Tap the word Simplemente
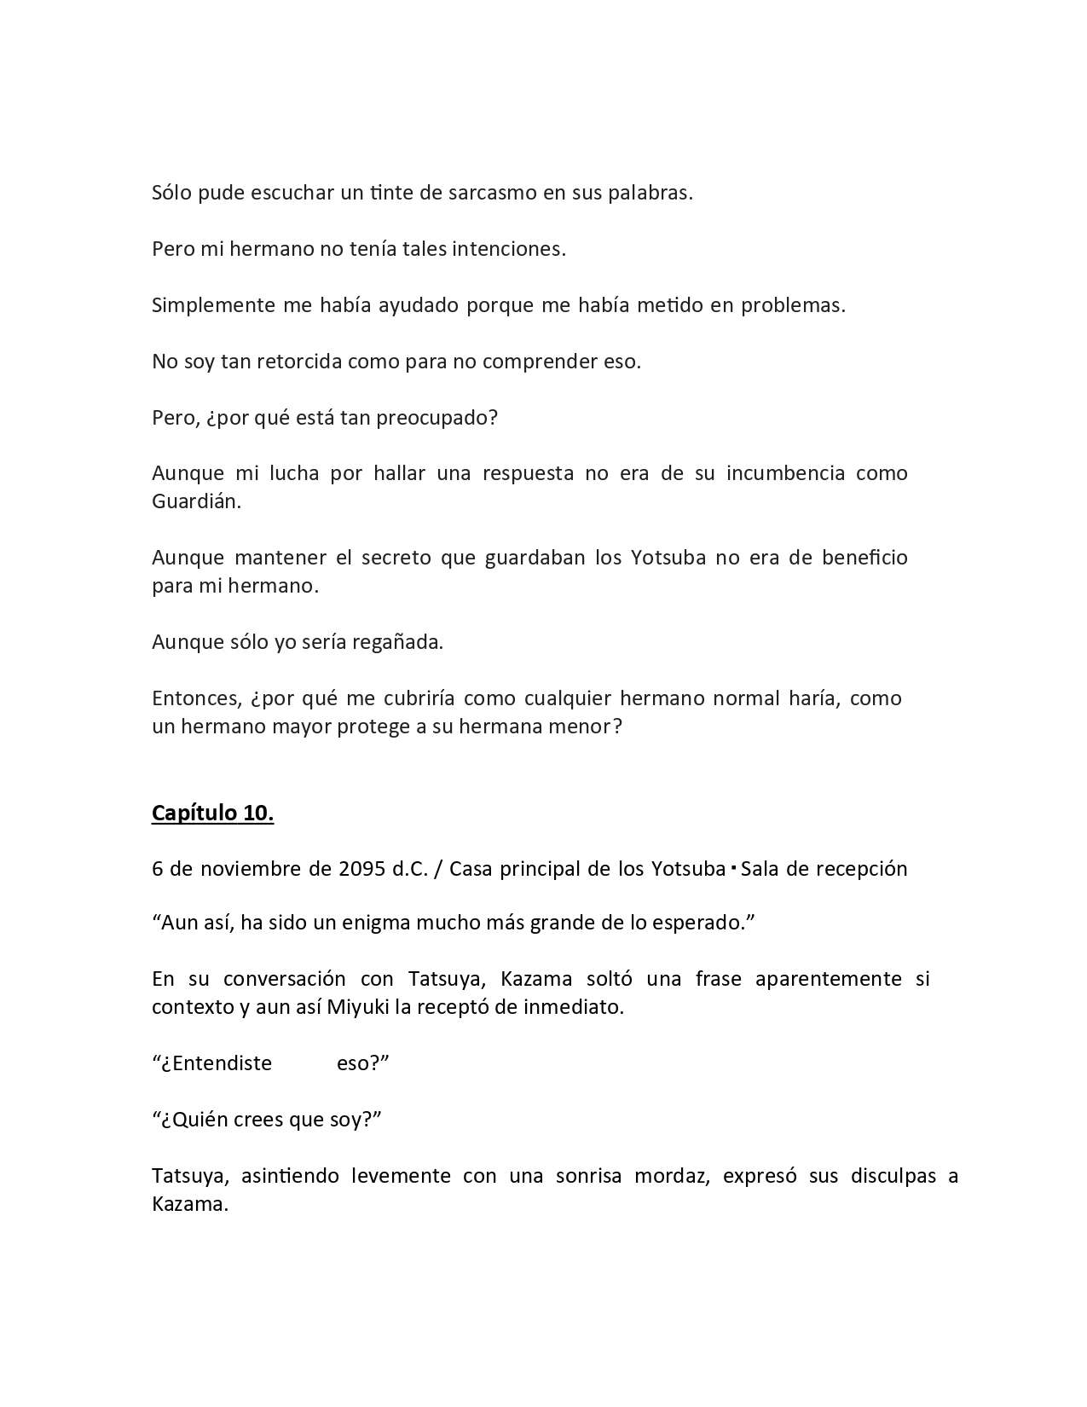tap(212, 305)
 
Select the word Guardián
tap(196, 501)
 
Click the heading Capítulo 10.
tap(212, 814)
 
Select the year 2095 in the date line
tap(362, 869)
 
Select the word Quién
tap(190, 1120)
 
